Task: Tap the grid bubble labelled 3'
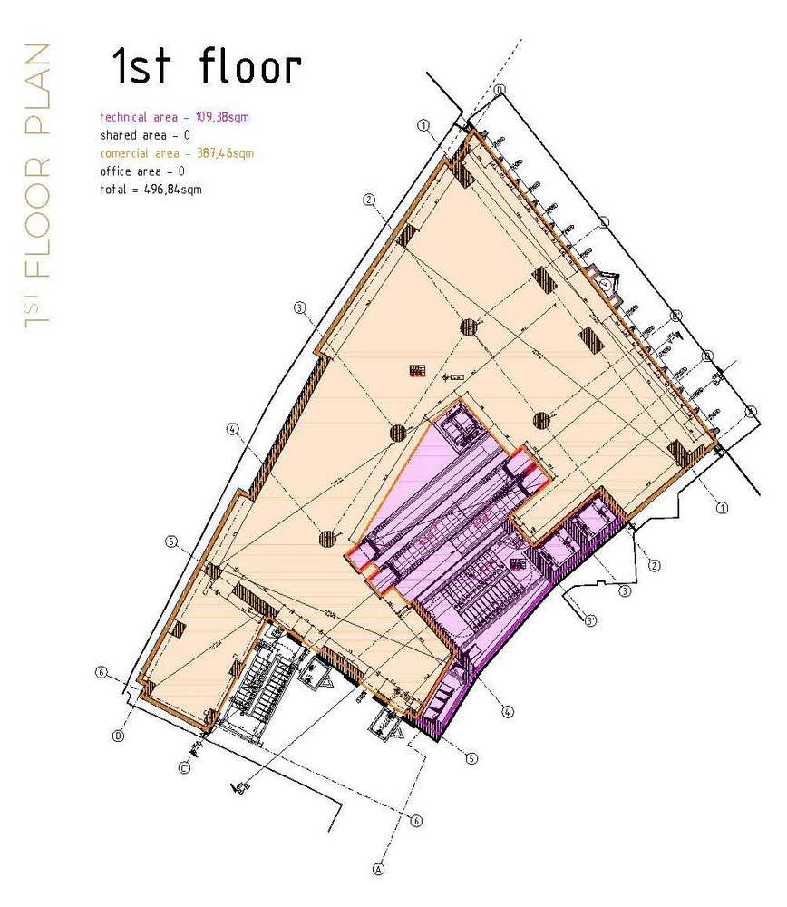pos(589,621)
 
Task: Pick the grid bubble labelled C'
pos(184,767)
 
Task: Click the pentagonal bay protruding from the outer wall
pos(606,282)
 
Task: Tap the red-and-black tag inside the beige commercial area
pos(417,370)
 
